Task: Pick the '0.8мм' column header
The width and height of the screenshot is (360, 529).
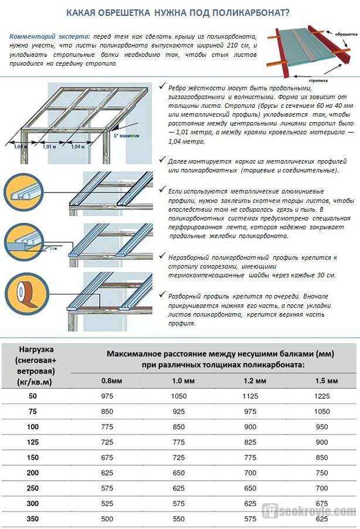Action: [x=111, y=381]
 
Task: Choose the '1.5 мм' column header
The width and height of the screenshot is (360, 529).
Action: [x=326, y=381]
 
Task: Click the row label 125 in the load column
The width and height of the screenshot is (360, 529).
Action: [x=33, y=441]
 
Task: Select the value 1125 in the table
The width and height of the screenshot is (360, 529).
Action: [x=250, y=396]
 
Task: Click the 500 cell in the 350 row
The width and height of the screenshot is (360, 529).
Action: [x=108, y=518]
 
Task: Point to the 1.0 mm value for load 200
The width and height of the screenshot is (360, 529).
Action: [x=179, y=472]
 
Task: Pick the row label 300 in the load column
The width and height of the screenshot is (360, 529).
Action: [x=33, y=503]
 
